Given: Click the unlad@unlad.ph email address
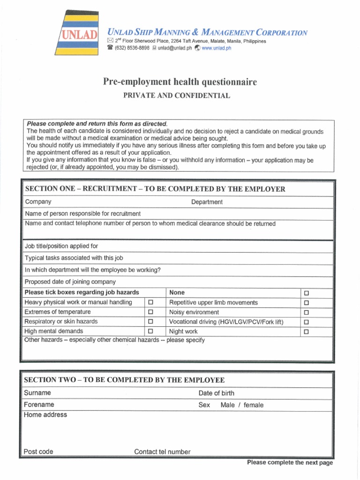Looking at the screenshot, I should tap(174, 48).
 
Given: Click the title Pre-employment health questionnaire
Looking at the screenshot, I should tap(180, 82).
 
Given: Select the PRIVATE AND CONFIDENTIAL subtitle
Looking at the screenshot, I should tap(176, 96).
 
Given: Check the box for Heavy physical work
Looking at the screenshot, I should tap(150, 303).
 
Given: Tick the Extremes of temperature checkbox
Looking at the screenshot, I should tap(150, 312).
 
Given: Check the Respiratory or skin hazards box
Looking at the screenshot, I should tap(150, 322).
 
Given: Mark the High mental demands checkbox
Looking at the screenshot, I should tap(150, 331).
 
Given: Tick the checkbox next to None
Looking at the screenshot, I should tap(307, 293).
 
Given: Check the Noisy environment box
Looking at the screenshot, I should tap(307, 313).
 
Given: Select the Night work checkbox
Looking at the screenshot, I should tap(307, 332).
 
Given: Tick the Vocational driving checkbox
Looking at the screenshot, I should tap(307, 322).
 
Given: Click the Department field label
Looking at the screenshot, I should tap(207, 202).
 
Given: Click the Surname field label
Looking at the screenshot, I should tap(37, 393).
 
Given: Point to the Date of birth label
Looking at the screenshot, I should tap(216, 393).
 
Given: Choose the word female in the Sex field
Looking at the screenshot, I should tap(254, 405).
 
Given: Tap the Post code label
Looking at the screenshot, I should tap(38, 452).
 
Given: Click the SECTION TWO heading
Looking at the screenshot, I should tap(125, 380).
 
